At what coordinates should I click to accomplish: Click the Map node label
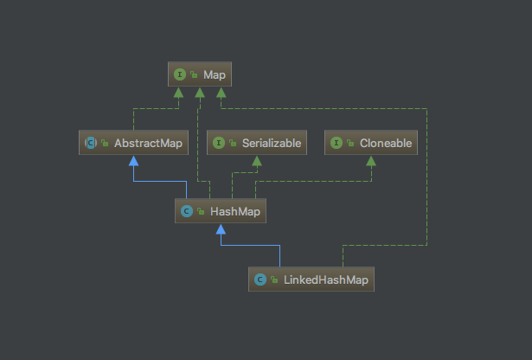[215, 75]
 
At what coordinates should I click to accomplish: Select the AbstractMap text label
[148, 143]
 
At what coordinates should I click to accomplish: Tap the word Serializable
[272, 143]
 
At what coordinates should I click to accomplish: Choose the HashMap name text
[229, 210]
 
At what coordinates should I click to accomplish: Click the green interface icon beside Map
[179, 75]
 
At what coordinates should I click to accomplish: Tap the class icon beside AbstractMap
[90, 143]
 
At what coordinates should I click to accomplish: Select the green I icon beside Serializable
[218, 143]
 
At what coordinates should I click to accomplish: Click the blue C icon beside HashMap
[185, 210]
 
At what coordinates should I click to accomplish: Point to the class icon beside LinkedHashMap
[260, 280]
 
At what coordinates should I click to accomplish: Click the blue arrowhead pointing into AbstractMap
[134, 161]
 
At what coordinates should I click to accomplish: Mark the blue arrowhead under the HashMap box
[221, 229]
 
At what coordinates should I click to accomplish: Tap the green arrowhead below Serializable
[256, 161]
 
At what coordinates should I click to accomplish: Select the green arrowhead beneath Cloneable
[372, 161]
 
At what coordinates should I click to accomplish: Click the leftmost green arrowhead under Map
[178, 93]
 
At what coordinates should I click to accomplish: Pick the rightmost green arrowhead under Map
[221, 93]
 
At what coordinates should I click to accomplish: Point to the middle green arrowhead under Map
[199, 93]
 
